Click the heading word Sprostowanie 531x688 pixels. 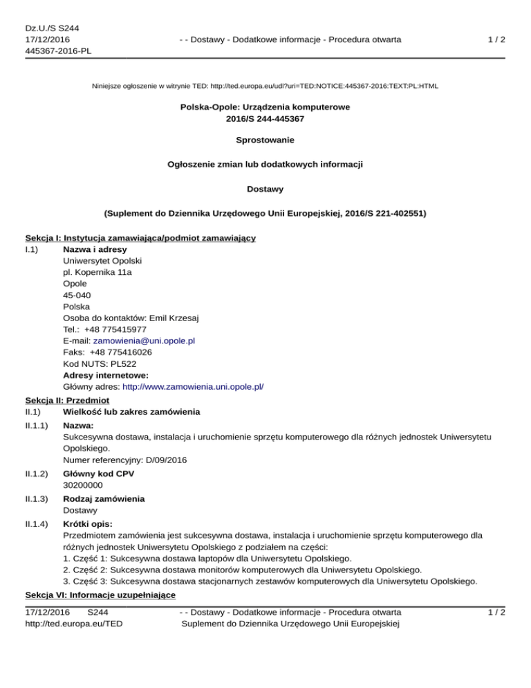coord(265,140)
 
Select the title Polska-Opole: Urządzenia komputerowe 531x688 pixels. coord(265,107)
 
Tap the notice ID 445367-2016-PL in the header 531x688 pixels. coord(59,51)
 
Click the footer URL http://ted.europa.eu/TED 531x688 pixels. coord(66,624)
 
